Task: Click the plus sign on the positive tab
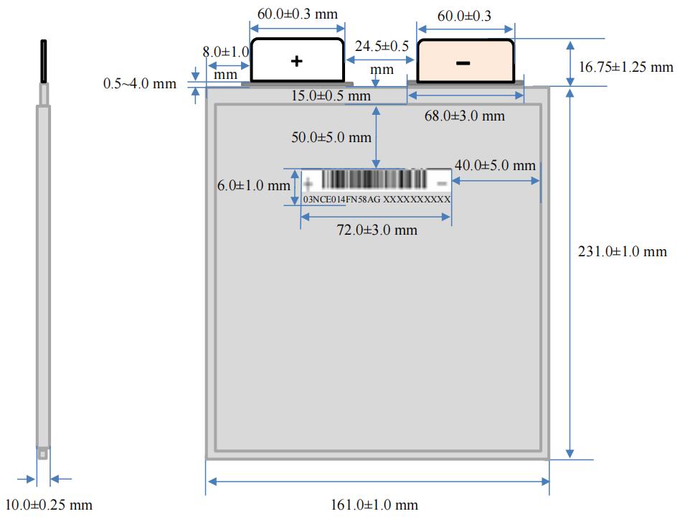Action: pyautogui.click(x=296, y=62)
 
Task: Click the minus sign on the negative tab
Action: pyautogui.click(x=463, y=63)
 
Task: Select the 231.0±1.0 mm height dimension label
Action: pyautogui.click(x=622, y=251)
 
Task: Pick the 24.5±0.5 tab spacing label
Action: pyautogui.click(x=382, y=46)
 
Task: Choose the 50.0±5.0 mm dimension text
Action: pyautogui.click(x=331, y=137)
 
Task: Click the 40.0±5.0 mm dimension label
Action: pyautogui.click(x=495, y=165)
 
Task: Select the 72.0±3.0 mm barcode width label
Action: pyautogui.click(x=377, y=230)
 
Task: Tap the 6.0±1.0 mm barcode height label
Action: pyautogui.click(x=253, y=186)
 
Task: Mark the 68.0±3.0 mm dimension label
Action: pyautogui.click(x=464, y=116)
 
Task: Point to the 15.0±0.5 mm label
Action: pyautogui.click(x=331, y=95)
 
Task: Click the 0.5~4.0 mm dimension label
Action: pyautogui.click(x=140, y=84)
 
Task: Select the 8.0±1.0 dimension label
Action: pyautogui.click(x=225, y=52)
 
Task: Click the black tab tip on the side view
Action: pyautogui.click(x=44, y=61)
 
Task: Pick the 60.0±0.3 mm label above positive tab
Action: pyautogui.click(x=298, y=14)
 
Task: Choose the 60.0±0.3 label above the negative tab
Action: pyautogui.click(x=465, y=16)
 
